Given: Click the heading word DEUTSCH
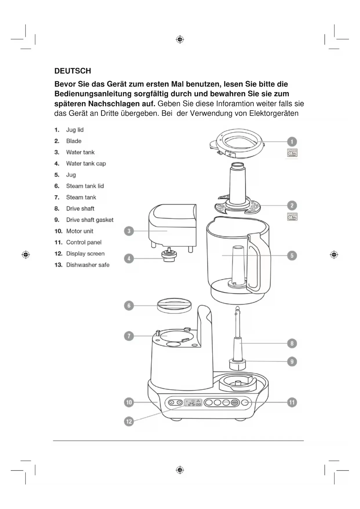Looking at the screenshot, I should point(73,71).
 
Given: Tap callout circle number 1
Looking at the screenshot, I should point(292,142).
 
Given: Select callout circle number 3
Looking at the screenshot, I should point(129,231).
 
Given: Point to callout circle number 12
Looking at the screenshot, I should point(129,421).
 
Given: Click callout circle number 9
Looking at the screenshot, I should point(292,362).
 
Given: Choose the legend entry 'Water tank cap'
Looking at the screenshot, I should point(86,164).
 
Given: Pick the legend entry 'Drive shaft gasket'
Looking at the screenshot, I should point(90,220).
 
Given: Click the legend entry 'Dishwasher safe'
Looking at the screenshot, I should point(88,265).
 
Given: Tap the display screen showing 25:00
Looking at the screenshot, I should point(193,402).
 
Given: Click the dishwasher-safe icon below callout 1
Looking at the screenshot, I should point(292,153).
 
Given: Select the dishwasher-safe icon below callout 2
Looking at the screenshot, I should point(292,217).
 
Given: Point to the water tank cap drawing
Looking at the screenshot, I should point(169,255).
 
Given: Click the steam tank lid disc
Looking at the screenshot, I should point(174,306).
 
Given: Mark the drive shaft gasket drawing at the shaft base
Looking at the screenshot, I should point(238,364).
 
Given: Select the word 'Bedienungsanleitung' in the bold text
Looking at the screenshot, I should point(93,94).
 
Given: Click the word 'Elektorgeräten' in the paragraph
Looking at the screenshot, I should point(274,113).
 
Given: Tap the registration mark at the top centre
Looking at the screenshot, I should point(180,39).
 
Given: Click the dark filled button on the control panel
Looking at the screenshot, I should point(235,402).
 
